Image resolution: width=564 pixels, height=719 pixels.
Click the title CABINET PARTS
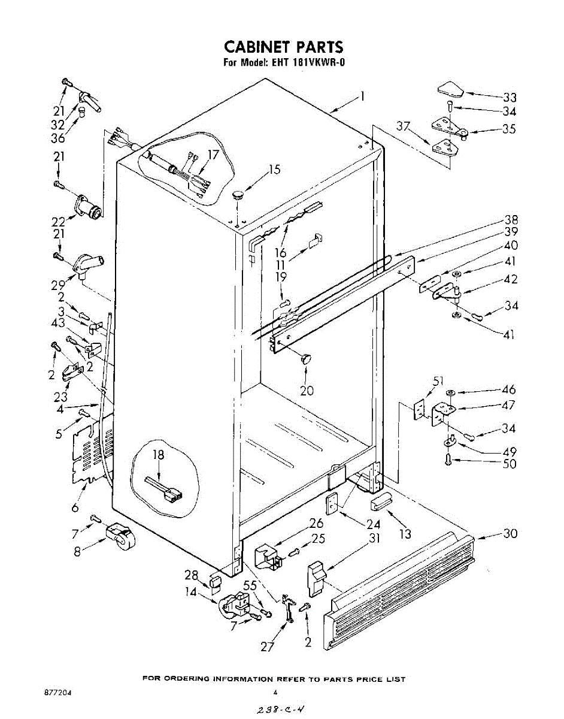pos(283,47)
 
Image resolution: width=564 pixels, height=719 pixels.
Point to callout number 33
pos(510,98)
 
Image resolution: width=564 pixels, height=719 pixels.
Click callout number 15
pos(274,170)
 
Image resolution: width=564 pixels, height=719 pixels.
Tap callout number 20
pos(307,391)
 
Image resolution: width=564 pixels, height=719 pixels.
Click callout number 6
pos(75,507)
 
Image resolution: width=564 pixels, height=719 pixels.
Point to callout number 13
pos(405,533)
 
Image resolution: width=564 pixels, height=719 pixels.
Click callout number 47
pos(509,406)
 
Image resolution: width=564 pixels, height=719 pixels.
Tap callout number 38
pos(511,219)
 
